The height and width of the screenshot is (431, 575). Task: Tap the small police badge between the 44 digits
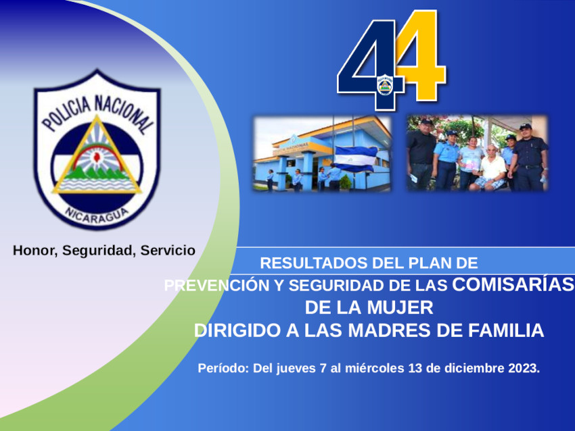[x=385, y=85]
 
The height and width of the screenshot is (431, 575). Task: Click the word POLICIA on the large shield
[x=67, y=113]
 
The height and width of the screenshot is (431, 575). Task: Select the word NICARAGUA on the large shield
[x=97, y=215]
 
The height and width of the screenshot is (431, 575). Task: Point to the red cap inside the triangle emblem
[x=97, y=157]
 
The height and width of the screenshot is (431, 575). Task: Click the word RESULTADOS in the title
[x=314, y=263]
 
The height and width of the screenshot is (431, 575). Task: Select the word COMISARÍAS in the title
[x=513, y=284]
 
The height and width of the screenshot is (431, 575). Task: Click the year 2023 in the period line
[x=524, y=368]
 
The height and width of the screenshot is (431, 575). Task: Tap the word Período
[x=224, y=368]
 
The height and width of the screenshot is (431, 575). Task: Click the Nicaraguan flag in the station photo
[x=356, y=158]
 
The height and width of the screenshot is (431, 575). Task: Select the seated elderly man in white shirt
[x=490, y=169]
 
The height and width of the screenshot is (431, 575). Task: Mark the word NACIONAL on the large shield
[x=124, y=114]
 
